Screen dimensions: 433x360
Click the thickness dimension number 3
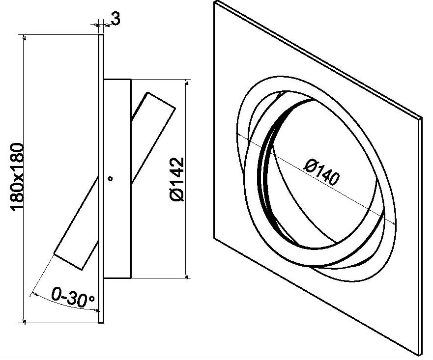click(116, 19)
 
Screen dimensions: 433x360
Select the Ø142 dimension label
click(177, 179)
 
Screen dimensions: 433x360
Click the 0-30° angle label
click(73, 297)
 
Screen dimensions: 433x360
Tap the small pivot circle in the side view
click(110, 179)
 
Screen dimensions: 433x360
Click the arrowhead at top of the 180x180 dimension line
click(25, 37)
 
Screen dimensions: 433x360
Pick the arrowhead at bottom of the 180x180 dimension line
click(25, 321)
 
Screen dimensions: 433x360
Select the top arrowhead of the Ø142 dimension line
click(187, 82)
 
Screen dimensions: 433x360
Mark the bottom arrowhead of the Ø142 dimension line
click(187, 276)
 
